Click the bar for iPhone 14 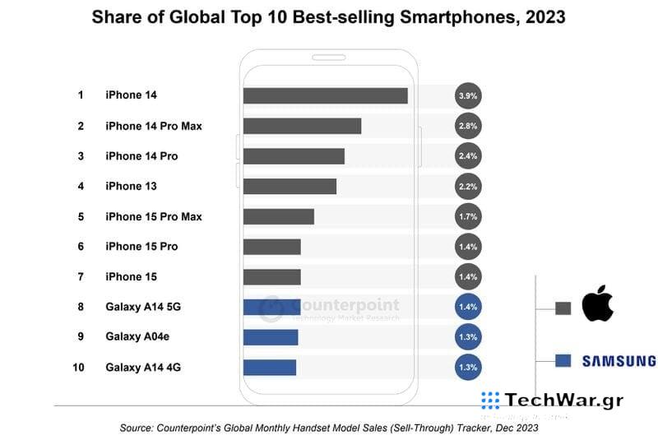click(x=325, y=95)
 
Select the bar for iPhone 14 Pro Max click(x=302, y=126)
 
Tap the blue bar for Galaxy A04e click(x=271, y=336)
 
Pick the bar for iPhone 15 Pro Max click(x=278, y=216)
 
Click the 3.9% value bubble click(x=467, y=96)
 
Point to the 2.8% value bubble click(x=467, y=126)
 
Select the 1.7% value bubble click(x=467, y=216)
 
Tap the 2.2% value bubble click(x=467, y=187)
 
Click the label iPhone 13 click(x=131, y=187)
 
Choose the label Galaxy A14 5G click(x=143, y=307)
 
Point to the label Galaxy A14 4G click(x=143, y=367)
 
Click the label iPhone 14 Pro click(x=141, y=156)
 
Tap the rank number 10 click(x=79, y=367)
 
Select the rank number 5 click(x=81, y=216)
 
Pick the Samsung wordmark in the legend click(x=619, y=360)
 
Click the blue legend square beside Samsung click(x=563, y=360)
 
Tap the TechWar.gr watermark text click(x=563, y=401)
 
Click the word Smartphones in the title click(x=461, y=16)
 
